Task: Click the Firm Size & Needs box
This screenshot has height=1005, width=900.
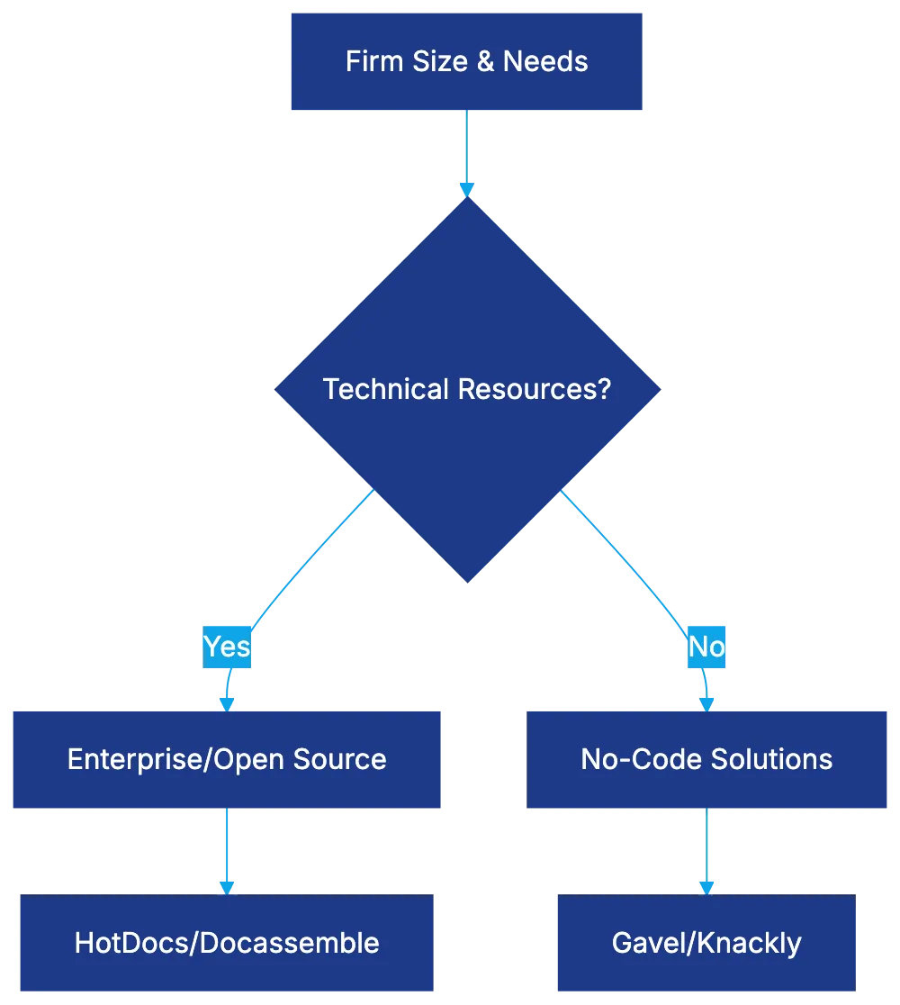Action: click(466, 61)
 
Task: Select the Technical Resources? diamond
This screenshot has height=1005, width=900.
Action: click(467, 389)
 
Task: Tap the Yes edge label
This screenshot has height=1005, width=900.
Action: click(226, 647)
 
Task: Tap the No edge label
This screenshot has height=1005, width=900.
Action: click(706, 647)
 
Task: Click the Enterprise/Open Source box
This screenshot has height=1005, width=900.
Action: click(227, 759)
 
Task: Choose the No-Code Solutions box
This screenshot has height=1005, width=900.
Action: click(706, 759)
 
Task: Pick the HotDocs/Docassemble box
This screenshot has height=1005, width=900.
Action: click(227, 943)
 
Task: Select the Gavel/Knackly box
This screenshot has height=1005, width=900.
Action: click(706, 943)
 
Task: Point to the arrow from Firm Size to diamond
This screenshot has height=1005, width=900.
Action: click(465, 149)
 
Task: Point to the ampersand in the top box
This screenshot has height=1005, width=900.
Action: click(486, 61)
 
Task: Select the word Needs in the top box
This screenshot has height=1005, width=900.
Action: click(545, 61)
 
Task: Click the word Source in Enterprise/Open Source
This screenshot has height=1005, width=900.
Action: click(346, 759)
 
